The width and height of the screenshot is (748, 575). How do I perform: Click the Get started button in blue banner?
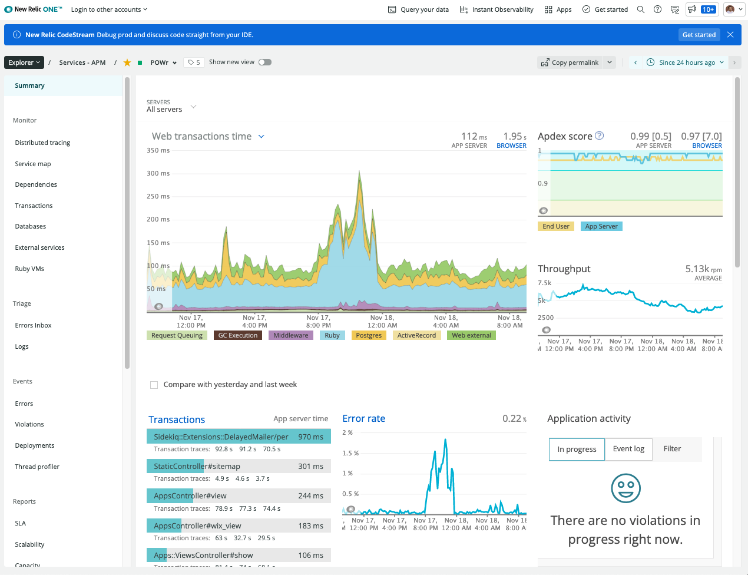point(699,35)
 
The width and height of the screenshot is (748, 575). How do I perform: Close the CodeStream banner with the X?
point(730,35)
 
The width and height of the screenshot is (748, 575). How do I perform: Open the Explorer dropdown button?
point(24,62)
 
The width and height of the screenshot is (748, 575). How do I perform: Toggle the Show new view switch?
point(265,62)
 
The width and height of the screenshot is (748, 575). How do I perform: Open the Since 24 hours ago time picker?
point(687,62)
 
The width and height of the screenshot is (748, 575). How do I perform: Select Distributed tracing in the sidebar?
point(42,143)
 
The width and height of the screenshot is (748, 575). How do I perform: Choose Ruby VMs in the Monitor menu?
point(29,269)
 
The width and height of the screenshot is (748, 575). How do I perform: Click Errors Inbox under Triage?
point(33,325)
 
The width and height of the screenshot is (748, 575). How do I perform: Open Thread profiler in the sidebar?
point(37,467)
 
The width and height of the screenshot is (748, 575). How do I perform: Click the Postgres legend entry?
point(369,335)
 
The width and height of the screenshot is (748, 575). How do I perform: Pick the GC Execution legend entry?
point(237,335)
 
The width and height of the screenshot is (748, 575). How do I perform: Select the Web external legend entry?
point(471,335)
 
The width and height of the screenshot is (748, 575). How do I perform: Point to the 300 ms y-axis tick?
point(158,173)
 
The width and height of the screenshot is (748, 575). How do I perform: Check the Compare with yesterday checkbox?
point(154,385)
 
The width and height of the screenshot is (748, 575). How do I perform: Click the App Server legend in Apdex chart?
point(601,226)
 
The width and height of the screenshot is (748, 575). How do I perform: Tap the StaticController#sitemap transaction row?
point(238,466)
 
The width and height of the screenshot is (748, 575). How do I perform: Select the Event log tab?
point(628,449)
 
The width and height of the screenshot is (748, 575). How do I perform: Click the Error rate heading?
point(363,418)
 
